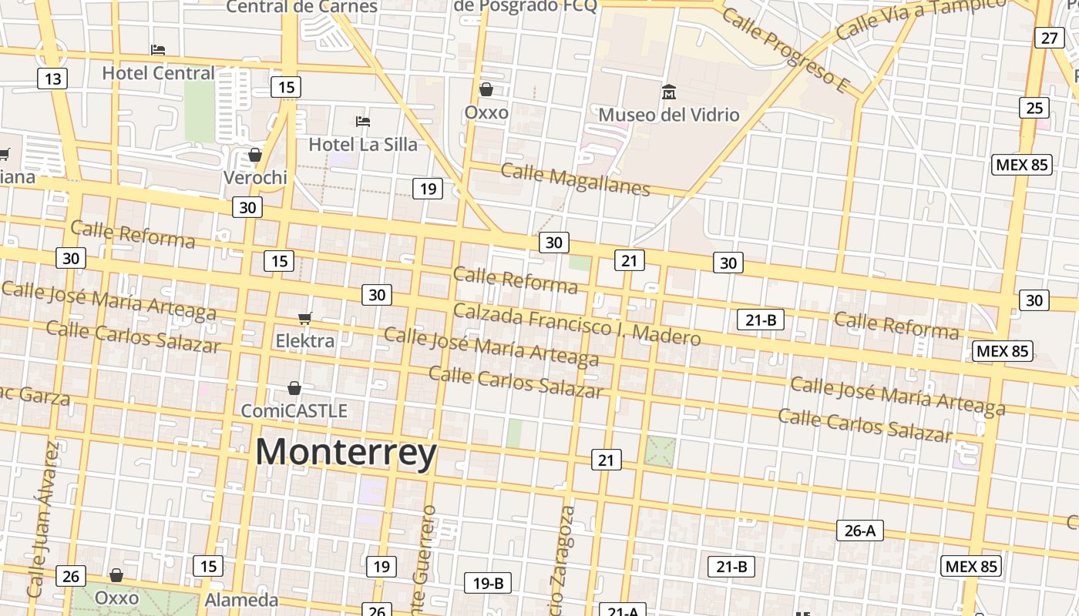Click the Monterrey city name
tap(346, 452)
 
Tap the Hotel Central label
tap(159, 73)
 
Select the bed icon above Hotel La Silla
tap(363, 121)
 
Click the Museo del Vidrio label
tap(669, 115)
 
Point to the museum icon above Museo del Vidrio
tap(668, 92)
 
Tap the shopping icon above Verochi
tap(255, 155)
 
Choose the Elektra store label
tap(305, 340)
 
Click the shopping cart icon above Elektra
tap(305, 318)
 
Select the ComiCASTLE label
tap(294, 410)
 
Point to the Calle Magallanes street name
tap(575, 179)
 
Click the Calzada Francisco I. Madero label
tap(576, 324)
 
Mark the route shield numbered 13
tap(52, 79)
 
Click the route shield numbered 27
tap(1050, 38)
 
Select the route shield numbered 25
tap(1034, 108)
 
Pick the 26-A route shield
tap(859, 531)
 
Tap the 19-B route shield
tap(488, 584)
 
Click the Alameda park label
tap(241, 600)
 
